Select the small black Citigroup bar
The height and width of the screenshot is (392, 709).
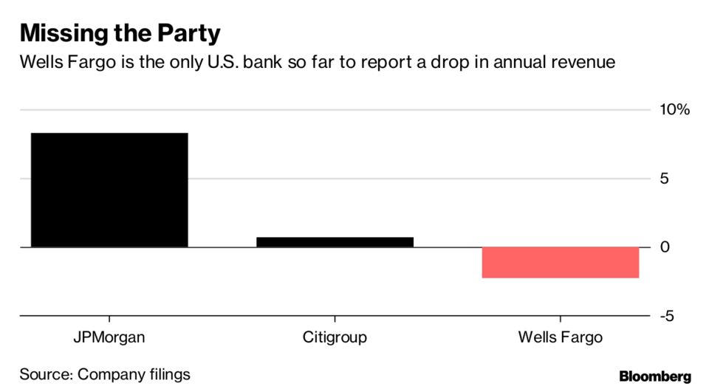click(x=335, y=242)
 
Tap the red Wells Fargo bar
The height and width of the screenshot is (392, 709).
click(x=560, y=263)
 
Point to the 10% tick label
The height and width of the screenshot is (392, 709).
click(x=674, y=110)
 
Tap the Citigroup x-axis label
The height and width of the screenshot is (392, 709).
click(x=335, y=338)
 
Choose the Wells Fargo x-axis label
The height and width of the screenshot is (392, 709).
click(x=560, y=338)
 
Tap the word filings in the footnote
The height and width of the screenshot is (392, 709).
click(x=167, y=374)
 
